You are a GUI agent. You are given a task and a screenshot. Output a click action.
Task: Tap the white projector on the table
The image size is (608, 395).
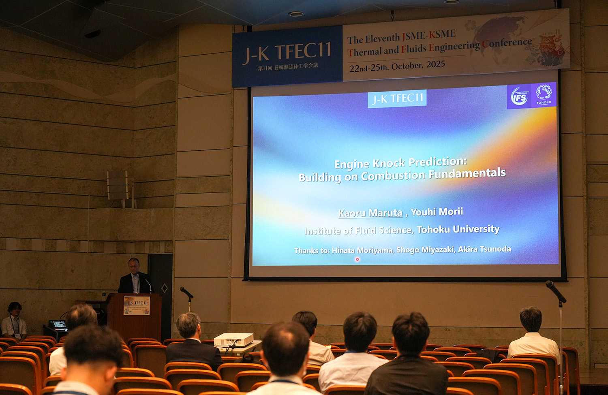pos(233,339)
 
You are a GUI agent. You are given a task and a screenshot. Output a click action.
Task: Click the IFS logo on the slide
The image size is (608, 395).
pos(519,96)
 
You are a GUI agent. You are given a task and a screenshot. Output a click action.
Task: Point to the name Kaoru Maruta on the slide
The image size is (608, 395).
pos(370,213)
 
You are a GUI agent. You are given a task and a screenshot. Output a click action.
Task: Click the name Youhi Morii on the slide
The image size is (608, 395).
pos(437,211)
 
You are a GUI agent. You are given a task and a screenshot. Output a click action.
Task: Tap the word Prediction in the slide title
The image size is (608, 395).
pos(437,162)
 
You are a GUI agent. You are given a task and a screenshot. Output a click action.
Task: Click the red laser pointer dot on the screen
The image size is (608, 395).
pos(357,259)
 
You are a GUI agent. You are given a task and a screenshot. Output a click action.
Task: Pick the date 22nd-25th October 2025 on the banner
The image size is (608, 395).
pos(397,66)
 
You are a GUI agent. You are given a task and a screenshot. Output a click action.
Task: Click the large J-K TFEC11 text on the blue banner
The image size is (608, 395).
pos(287,53)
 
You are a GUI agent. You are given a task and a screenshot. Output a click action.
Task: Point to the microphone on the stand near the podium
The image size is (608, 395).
pos(186,292)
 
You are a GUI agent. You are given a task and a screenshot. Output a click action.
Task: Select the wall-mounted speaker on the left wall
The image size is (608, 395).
pos(118,185)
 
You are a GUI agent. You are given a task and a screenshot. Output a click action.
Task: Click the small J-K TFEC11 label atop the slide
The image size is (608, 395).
pos(397,98)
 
